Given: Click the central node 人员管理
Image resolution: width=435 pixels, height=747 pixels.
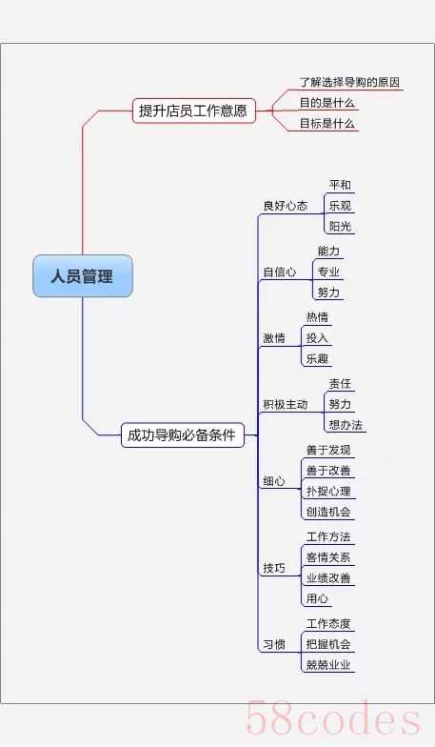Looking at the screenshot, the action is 83,276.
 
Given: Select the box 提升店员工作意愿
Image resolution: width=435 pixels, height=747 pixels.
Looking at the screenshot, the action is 194,111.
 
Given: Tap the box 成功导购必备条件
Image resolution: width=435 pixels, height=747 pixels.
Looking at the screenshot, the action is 183,434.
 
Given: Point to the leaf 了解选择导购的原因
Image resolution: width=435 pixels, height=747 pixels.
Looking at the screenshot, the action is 349,82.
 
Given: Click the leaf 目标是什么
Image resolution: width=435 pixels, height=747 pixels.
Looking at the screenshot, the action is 327,124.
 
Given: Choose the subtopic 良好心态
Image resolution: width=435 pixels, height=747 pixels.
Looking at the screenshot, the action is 286,206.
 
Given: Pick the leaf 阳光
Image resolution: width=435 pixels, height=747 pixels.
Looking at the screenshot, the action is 341,226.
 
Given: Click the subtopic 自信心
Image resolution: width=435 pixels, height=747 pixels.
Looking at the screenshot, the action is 280,272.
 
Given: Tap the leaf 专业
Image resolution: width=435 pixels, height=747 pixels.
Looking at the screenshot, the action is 329,272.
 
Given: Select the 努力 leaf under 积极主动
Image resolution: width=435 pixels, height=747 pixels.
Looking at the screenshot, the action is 341,404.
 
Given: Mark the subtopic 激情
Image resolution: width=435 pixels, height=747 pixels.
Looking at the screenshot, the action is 274,337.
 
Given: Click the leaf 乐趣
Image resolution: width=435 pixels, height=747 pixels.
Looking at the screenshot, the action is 318,358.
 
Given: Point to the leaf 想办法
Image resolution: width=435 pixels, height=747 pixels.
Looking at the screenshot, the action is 346,425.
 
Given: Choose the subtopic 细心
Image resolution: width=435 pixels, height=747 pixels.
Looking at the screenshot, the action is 274,480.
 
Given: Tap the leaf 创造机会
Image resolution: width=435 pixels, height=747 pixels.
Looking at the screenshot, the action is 328,512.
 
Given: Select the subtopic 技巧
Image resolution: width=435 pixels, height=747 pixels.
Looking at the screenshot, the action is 274,568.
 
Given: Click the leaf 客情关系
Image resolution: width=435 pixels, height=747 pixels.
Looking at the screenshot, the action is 328,556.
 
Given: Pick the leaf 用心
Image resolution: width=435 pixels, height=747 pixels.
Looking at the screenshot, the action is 318,598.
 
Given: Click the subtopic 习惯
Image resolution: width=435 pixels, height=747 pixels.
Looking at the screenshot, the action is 274,644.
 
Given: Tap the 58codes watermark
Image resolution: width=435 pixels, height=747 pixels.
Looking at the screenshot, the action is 333,719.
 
